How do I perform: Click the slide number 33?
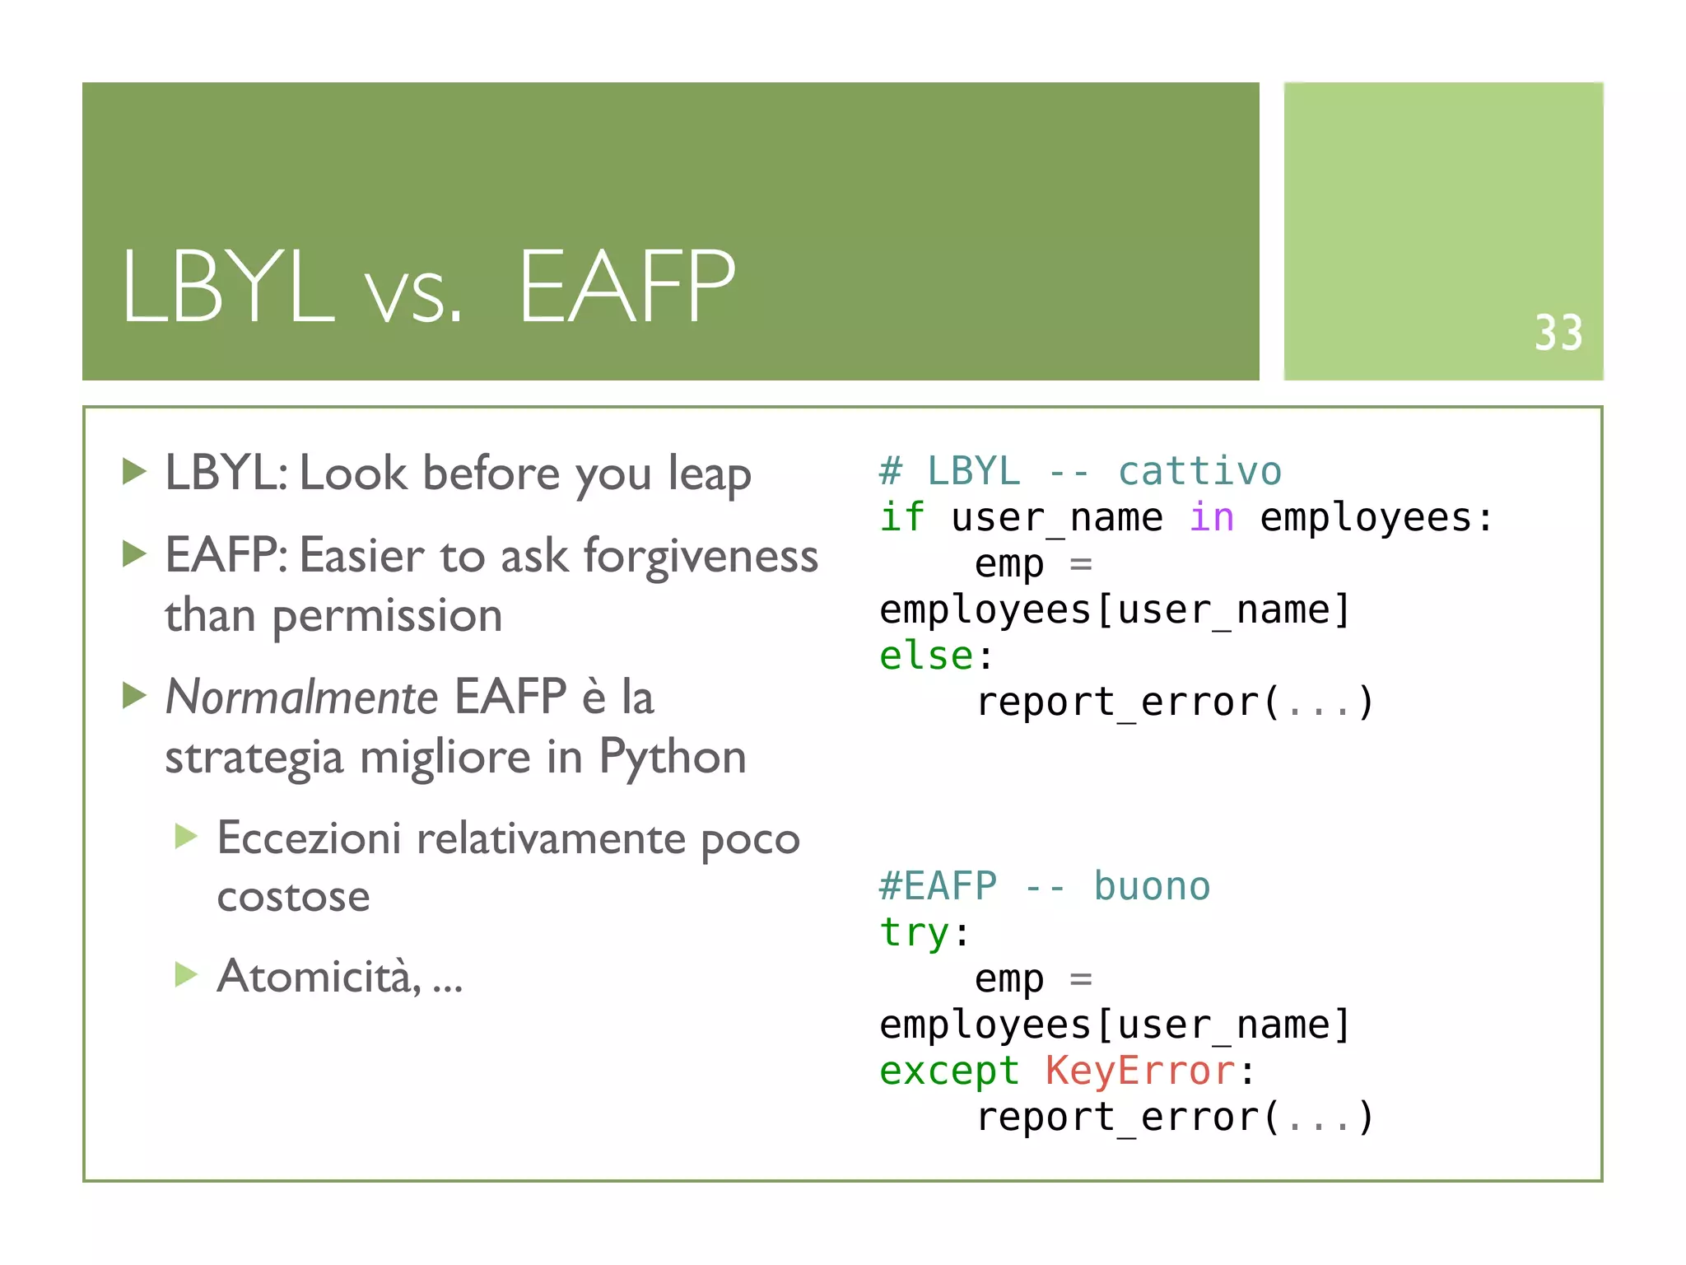click(1558, 333)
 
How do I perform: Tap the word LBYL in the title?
click(229, 287)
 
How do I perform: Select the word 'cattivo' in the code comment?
click(1199, 471)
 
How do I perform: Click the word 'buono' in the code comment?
click(1151, 886)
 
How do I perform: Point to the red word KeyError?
click(1140, 1071)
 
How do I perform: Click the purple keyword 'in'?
click(1211, 517)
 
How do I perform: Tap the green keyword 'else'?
click(926, 656)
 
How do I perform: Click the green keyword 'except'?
click(948, 1071)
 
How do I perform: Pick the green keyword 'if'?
click(901, 517)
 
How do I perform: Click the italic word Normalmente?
click(301, 697)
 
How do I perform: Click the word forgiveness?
click(701, 556)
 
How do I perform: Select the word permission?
click(387, 616)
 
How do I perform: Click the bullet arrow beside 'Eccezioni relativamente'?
click(187, 837)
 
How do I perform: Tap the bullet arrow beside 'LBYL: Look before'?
click(134, 472)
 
